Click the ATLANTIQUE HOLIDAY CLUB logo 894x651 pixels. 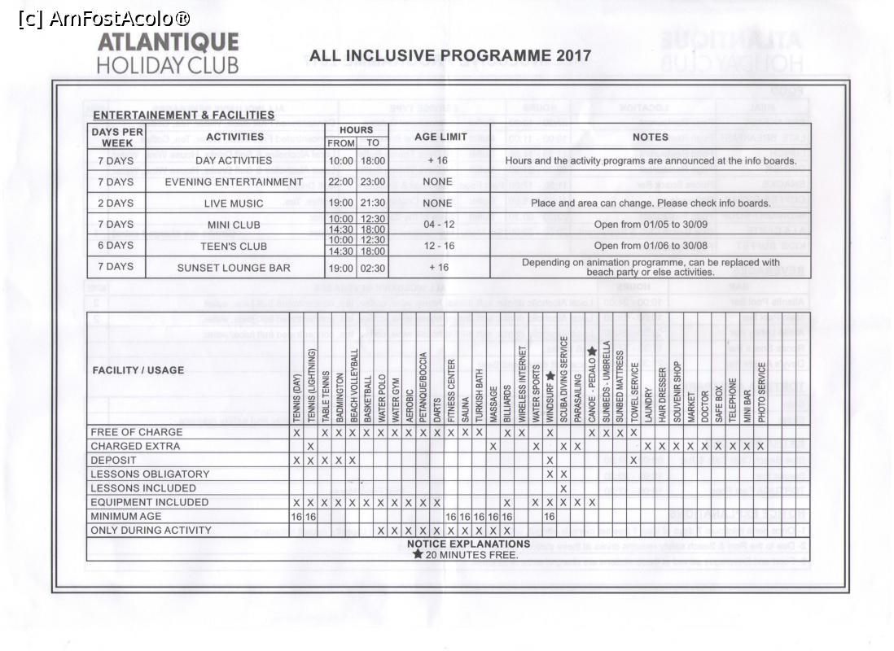[x=168, y=54]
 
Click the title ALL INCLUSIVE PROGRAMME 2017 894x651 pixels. [x=450, y=56]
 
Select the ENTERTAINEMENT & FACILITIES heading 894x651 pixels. [x=183, y=115]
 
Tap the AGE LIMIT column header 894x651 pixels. [x=440, y=137]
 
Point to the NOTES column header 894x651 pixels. [x=650, y=137]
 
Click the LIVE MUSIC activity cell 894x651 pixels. [x=234, y=203]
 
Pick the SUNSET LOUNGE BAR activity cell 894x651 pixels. [x=234, y=267]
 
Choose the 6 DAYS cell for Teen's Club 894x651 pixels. [x=116, y=246]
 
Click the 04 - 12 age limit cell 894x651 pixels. [x=439, y=224]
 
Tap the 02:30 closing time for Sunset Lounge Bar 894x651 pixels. [x=373, y=267]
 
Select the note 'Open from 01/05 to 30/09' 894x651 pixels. [x=650, y=224]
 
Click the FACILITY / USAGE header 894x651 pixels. [x=138, y=370]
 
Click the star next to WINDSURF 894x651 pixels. [x=550, y=376]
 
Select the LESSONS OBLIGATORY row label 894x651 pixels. [x=150, y=474]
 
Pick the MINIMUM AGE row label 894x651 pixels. [x=126, y=516]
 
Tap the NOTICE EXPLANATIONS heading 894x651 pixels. [x=468, y=544]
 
